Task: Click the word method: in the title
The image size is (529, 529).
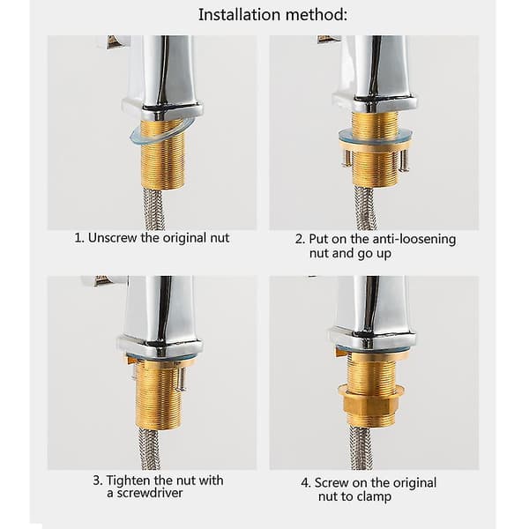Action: coord(317,15)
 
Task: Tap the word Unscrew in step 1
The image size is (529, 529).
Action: coord(113,238)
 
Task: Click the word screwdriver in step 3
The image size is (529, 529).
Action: coord(145,493)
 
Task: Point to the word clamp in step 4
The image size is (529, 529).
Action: coord(374,496)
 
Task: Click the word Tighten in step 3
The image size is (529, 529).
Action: coord(129,481)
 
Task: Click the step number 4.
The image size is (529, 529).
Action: coord(305,483)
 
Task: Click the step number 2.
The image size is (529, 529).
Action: coord(300,239)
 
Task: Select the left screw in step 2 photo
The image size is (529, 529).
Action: coord(346,158)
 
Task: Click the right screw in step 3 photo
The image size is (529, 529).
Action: coord(182,379)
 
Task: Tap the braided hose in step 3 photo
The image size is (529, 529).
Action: coord(150,450)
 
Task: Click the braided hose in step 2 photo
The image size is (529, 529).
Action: coord(365,207)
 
